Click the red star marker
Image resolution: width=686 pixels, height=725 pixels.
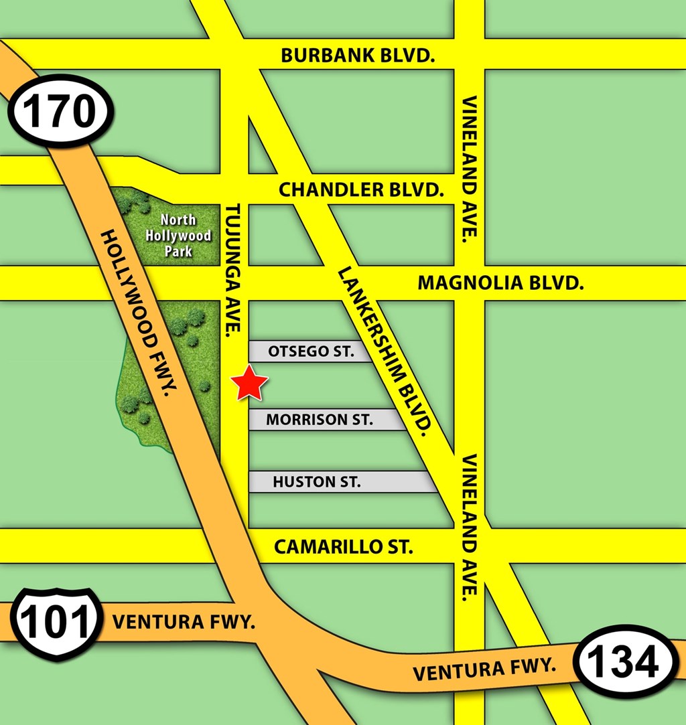pos(249,384)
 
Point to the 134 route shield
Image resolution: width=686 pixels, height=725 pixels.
pos(628,662)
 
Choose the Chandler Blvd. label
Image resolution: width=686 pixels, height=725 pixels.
pos(361,190)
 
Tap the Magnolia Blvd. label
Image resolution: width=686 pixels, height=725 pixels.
pos(500,283)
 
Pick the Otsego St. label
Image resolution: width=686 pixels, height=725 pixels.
pos(310,351)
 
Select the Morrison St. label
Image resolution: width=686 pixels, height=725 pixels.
pos(319,420)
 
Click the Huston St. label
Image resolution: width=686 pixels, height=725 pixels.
pos(317,482)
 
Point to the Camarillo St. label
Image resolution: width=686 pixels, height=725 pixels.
pos(344,547)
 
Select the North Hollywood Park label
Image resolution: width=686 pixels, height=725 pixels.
pos(178,236)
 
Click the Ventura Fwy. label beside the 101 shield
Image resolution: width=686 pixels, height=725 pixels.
pos(184,622)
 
